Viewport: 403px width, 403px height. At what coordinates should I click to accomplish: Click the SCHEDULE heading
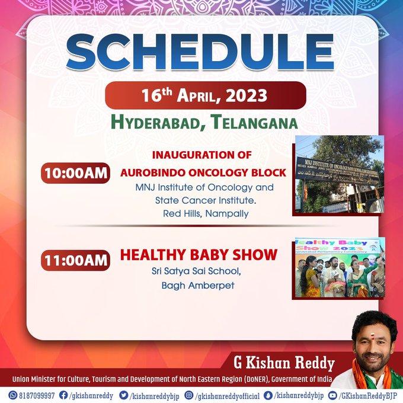(x=200, y=52)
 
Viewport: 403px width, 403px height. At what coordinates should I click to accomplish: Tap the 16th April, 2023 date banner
(x=206, y=95)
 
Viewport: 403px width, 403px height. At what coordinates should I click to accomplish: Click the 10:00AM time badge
(x=76, y=173)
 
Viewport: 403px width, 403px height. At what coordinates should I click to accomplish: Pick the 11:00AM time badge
(x=76, y=260)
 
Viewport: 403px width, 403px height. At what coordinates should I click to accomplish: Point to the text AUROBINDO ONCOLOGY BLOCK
(x=203, y=172)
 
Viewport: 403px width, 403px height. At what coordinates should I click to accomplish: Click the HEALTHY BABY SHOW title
(x=199, y=255)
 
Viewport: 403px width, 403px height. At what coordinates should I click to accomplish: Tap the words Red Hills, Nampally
(x=206, y=213)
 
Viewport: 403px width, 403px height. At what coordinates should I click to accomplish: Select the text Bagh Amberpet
(x=198, y=285)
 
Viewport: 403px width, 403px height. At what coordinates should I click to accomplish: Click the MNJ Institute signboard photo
(x=339, y=174)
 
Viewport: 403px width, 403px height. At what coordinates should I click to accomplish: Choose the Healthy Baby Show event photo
(x=340, y=267)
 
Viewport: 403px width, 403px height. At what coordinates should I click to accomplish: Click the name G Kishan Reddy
(x=284, y=363)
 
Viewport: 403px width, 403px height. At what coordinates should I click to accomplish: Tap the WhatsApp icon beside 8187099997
(x=12, y=395)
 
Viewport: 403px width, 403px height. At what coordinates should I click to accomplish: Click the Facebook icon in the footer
(x=63, y=395)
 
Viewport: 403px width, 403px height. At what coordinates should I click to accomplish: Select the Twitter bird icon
(x=124, y=395)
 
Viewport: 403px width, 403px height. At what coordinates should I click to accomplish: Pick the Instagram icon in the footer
(x=189, y=395)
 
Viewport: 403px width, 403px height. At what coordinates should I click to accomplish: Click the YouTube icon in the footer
(x=333, y=395)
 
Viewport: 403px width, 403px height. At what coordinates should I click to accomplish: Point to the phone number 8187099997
(x=37, y=395)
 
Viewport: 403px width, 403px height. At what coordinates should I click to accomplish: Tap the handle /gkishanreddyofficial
(x=228, y=395)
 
